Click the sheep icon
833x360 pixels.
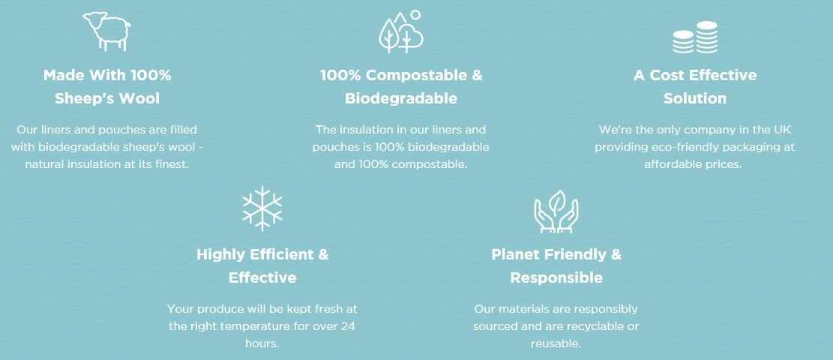tap(107, 31)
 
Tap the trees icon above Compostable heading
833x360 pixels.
tap(401, 32)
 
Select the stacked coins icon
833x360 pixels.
tap(695, 37)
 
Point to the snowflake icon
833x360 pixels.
tap(262, 208)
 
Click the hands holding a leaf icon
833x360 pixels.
tap(556, 211)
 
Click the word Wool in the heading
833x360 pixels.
tap(141, 98)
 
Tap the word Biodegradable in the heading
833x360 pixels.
tap(401, 98)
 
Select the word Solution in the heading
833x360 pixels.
tap(695, 98)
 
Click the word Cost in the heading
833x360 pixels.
tap(667, 76)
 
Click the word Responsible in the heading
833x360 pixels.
tap(556, 277)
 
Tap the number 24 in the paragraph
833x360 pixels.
tap(349, 326)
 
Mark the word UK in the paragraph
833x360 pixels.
tap(784, 129)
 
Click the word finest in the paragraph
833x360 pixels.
tap(172, 164)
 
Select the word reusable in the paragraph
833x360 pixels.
tap(556, 343)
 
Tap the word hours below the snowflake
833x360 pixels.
tap(262, 343)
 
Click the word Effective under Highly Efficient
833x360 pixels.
tap(262, 277)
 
